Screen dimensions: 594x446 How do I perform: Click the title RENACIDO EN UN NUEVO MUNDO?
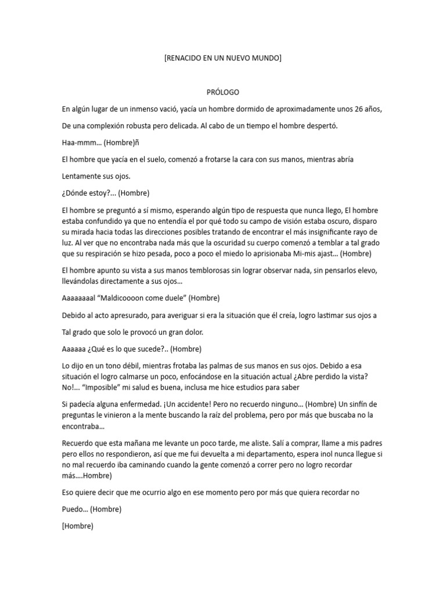tap(222, 58)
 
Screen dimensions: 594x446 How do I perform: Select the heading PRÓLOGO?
tap(223, 92)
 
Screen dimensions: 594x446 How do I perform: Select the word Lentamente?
tap(82, 176)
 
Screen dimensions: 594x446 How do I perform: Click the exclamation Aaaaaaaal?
tap(81, 298)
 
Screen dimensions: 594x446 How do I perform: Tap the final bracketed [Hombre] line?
tap(77, 526)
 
